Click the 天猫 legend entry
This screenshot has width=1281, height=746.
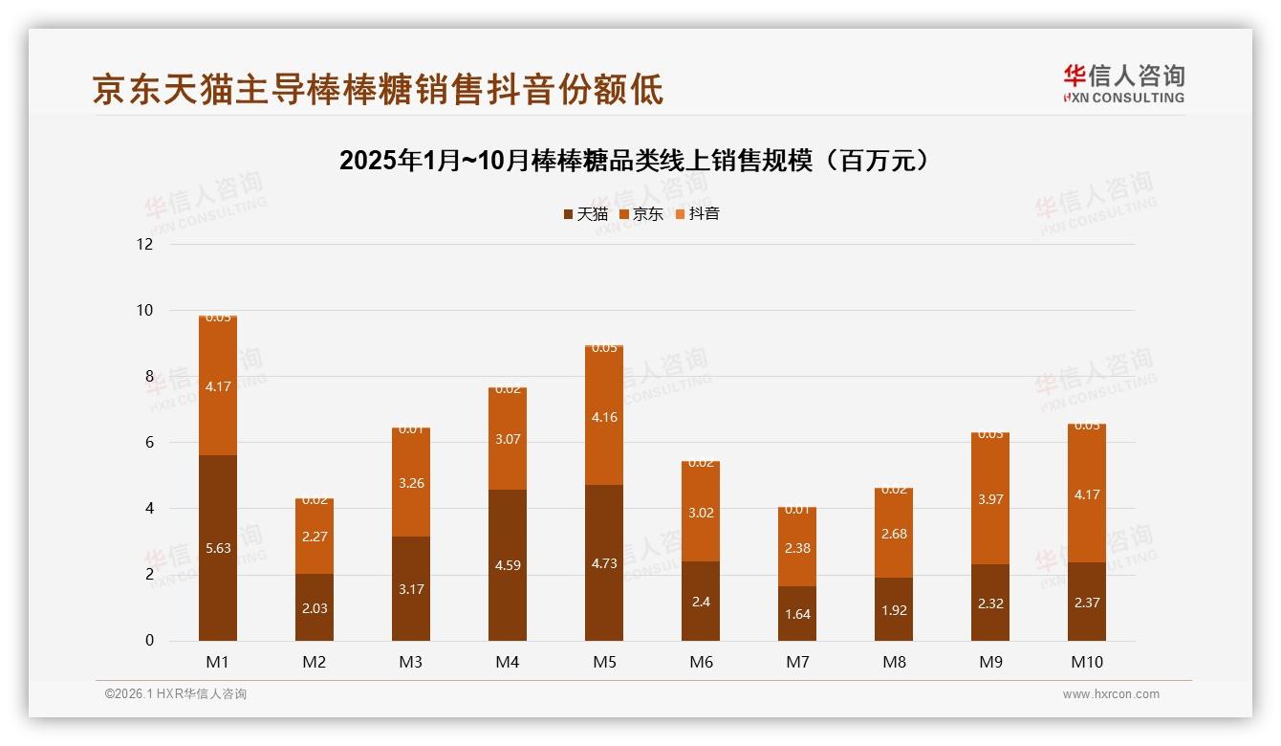585,214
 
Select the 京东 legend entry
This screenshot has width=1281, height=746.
640,214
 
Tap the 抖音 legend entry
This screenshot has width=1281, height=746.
697,214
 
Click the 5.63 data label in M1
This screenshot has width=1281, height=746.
218,548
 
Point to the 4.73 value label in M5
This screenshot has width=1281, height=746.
603,563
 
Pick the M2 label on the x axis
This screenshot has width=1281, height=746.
315,662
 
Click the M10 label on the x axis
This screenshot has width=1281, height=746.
1087,662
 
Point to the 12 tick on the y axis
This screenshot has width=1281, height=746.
144,244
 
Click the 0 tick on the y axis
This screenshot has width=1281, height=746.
149,641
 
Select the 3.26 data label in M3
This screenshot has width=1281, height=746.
411,483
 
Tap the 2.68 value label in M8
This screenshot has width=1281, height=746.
894,534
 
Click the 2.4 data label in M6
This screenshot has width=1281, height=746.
701,602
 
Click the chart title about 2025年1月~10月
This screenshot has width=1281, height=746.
634,160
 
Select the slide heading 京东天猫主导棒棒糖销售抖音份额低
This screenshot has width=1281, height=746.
378,90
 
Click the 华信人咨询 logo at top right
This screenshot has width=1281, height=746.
1123,83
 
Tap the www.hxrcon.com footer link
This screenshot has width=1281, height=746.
1111,694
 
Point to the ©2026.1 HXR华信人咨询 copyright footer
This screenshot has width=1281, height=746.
176,694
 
